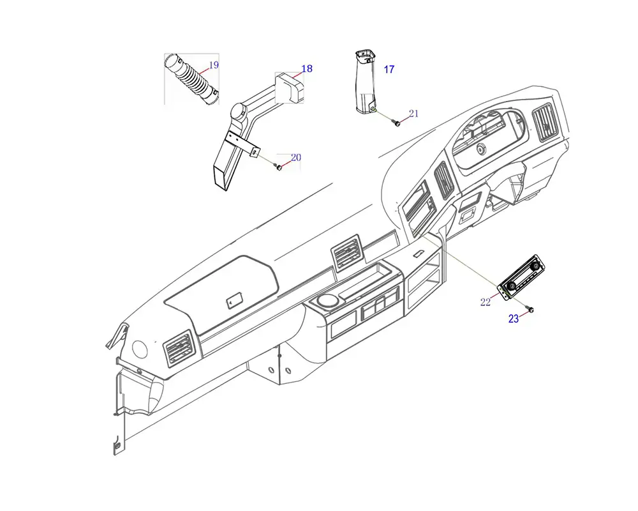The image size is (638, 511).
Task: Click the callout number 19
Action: (x=214, y=65)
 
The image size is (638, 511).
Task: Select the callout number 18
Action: (x=307, y=68)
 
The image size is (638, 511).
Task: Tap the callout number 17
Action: (x=389, y=70)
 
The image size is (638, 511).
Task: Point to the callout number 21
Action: (x=413, y=114)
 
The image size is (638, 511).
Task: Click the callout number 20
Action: (x=296, y=157)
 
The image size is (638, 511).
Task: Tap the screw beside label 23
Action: (x=530, y=310)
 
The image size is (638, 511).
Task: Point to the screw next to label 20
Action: (x=279, y=167)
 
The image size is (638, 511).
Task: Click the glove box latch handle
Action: (x=234, y=298)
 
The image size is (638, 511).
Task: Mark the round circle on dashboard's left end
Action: (x=139, y=349)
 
